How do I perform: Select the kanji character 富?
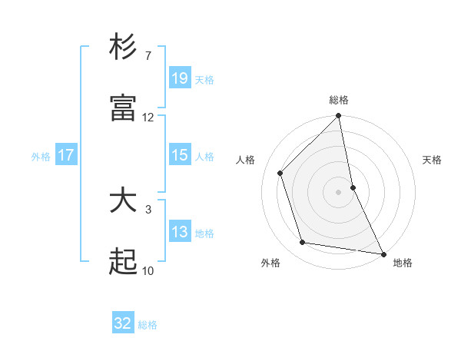(x=123, y=109)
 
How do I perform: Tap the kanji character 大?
(x=123, y=200)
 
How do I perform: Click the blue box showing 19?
(x=179, y=78)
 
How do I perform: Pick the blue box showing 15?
(x=179, y=155)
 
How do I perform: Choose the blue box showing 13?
(x=179, y=232)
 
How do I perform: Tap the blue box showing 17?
(x=66, y=155)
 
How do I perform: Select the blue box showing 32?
(x=123, y=323)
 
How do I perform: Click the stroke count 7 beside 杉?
(x=148, y=55)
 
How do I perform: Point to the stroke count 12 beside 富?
(x=148, y=118)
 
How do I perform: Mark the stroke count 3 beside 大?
(x=148, y=209)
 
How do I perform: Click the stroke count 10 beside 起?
(x=148, y=270)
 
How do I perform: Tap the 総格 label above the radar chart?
(x=339, y=100)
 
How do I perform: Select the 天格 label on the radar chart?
(x=432, y=160)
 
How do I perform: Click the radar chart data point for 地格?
(x=383, y=253)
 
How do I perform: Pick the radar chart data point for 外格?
(x=303, y=243)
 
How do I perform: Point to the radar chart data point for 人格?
(x=280, y=173)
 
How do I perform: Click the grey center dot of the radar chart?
(x=339, y=191)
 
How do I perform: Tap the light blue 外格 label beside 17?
(x=41, y=156)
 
